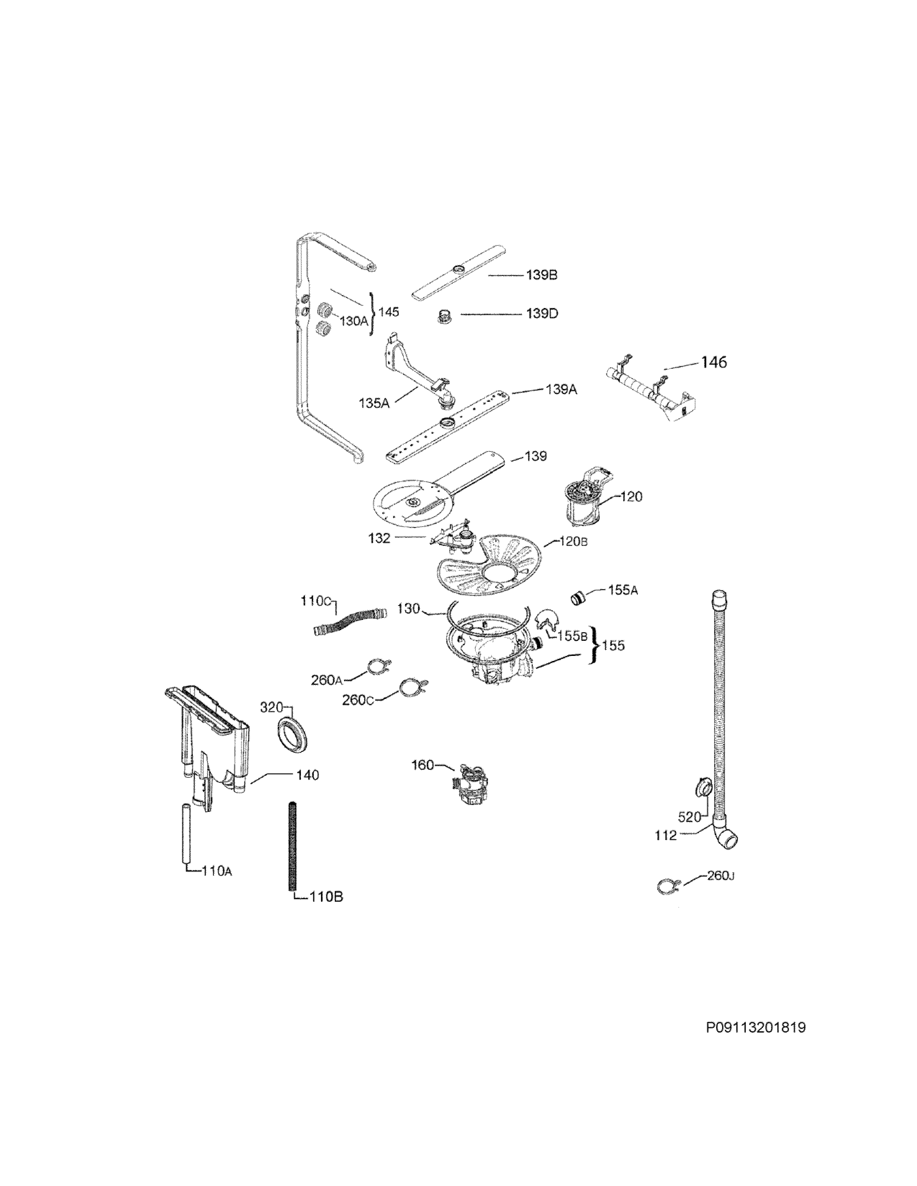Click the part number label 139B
pos(541,275)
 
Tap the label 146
pos(714,362)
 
